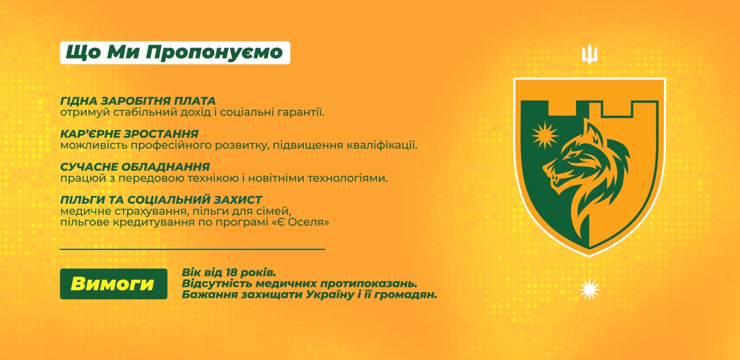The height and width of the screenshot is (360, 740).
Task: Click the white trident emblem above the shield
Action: (x=590, y=54)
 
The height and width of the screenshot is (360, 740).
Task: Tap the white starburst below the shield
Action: (x=590, y=289)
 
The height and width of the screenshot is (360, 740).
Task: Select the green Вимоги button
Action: (x=114, y=284)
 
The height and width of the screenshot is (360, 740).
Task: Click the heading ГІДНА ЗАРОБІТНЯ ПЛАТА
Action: (x=138, y=101)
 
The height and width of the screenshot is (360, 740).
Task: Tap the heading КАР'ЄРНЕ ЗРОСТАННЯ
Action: (x=129, y=134)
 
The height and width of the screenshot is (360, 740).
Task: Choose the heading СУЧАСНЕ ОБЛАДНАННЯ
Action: (x=135, y=167)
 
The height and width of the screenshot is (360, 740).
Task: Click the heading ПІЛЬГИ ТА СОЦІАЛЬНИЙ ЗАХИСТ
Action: (x=161, y=200)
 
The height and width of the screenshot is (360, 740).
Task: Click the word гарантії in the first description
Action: (x=302, y=112)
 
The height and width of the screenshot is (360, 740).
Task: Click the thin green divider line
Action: (x=192, y=249)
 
